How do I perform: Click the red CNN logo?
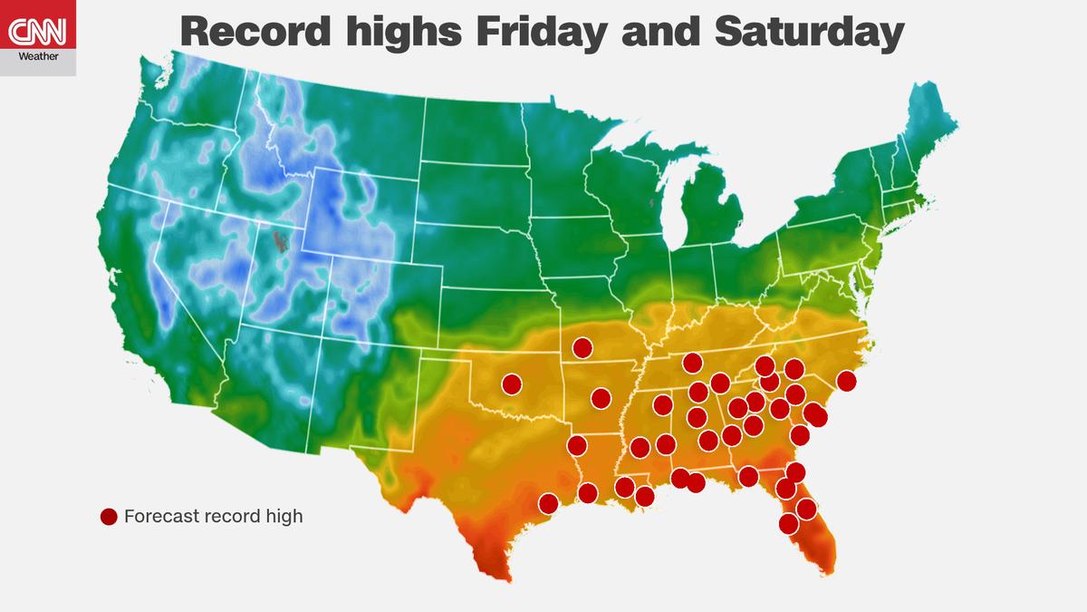(x=37, y=34)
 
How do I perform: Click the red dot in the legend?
(x=109, y=517)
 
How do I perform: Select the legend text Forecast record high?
(x=213, y=517)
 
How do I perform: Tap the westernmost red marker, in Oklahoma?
(x=512, y=384)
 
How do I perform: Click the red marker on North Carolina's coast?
(x=846, y=381)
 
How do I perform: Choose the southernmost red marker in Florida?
(x=788, y=523)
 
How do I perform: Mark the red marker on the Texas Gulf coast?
(x=548, y=503)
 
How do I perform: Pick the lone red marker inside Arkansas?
(x=601, y=397)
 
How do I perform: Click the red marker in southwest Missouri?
(x=582, y=347)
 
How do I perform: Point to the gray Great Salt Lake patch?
(x=282, y=241)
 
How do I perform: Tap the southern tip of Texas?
(x=496, y=573)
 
